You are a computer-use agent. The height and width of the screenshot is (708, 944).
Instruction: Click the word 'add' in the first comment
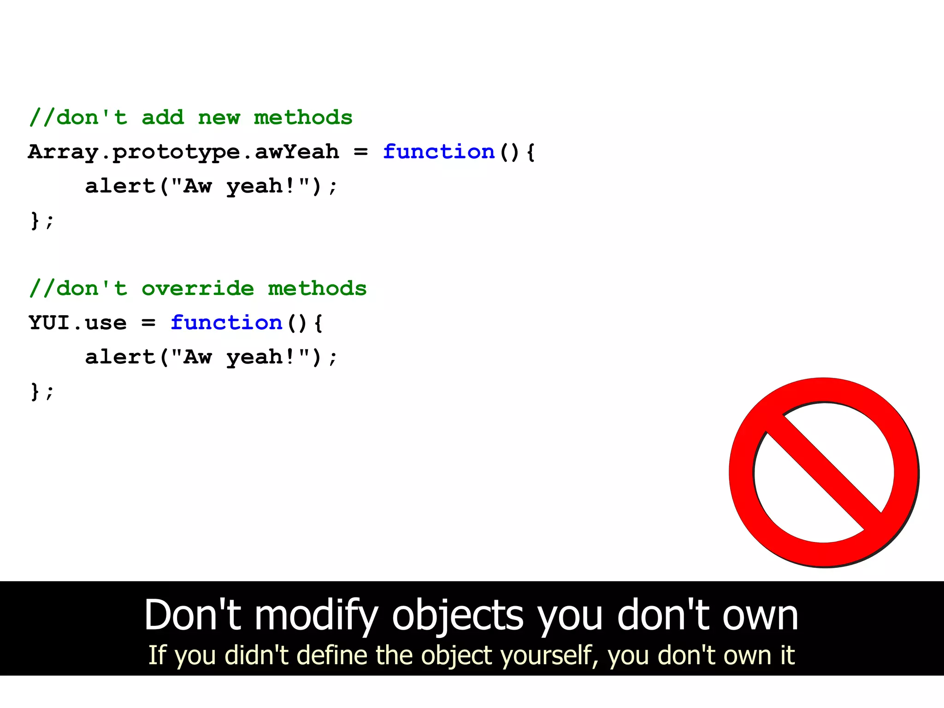[x=162, y=118]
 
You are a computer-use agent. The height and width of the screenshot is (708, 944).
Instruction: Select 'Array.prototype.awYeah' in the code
[x=183, y=152]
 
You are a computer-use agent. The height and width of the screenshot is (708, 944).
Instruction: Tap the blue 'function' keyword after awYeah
[x=438, y=152]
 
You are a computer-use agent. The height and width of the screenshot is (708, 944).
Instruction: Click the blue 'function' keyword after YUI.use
[x=226, y=323]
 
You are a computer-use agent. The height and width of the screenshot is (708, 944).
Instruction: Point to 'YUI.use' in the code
[x=77, y=323]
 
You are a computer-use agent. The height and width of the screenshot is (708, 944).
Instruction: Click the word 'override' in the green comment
[x=197, y=289]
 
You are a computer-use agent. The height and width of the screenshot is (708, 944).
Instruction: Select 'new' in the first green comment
[x=219, y=118]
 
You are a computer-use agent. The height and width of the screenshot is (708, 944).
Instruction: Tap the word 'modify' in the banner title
[x=316, y=616]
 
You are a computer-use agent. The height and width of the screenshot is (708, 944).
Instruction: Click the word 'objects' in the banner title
[x=457, y=616]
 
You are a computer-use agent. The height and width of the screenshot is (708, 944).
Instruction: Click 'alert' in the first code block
[x=120, y=186]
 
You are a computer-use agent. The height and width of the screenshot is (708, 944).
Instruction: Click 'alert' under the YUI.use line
[x=120, y=357]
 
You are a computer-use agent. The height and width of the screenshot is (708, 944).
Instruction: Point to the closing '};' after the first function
[x=41, y=220]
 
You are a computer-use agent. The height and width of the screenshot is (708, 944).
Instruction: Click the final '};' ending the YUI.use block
[x=41, y=391]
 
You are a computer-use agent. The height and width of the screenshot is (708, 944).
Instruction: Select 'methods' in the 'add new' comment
[x=303, y=118]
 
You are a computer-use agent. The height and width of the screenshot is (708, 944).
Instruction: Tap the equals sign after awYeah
[x=360, y=152]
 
